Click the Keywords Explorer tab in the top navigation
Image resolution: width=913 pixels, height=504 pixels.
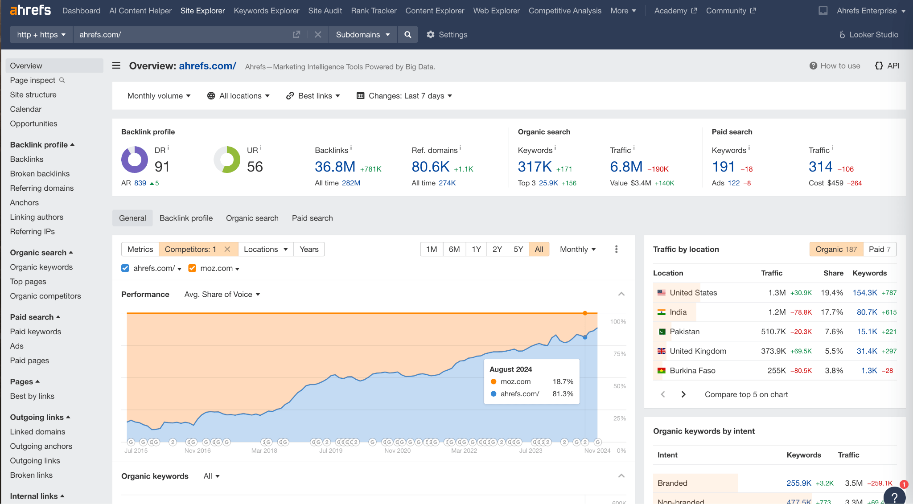(266, 11)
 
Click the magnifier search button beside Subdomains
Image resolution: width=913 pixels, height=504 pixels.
(407, 34)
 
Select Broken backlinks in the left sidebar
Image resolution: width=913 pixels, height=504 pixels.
(40, 173)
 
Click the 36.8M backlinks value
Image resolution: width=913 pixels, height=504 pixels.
(335, 167)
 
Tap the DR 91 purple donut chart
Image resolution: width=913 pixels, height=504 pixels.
(135, 159)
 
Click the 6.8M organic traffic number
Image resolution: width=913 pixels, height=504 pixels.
(626, 167)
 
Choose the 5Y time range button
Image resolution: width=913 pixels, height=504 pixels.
(518, 249)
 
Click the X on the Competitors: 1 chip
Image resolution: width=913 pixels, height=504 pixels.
(227, 249)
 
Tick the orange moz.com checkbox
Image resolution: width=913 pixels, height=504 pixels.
(193, 268)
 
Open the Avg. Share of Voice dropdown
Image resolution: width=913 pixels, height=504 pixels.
(222, 294)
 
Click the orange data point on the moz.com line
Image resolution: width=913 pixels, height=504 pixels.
(585, 313)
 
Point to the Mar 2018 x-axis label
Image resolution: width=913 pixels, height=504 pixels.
(264, 451)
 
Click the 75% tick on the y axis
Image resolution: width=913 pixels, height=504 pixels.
(620, 354)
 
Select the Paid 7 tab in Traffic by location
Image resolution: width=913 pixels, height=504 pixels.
(879, 249)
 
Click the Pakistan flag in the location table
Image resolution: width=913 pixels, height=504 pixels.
(662, 332)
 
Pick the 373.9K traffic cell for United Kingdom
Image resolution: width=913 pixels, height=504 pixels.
(773, 351)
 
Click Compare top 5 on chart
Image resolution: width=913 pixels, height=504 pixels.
(746, 394)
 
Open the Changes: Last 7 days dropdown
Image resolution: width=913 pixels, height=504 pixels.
(404, 96)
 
